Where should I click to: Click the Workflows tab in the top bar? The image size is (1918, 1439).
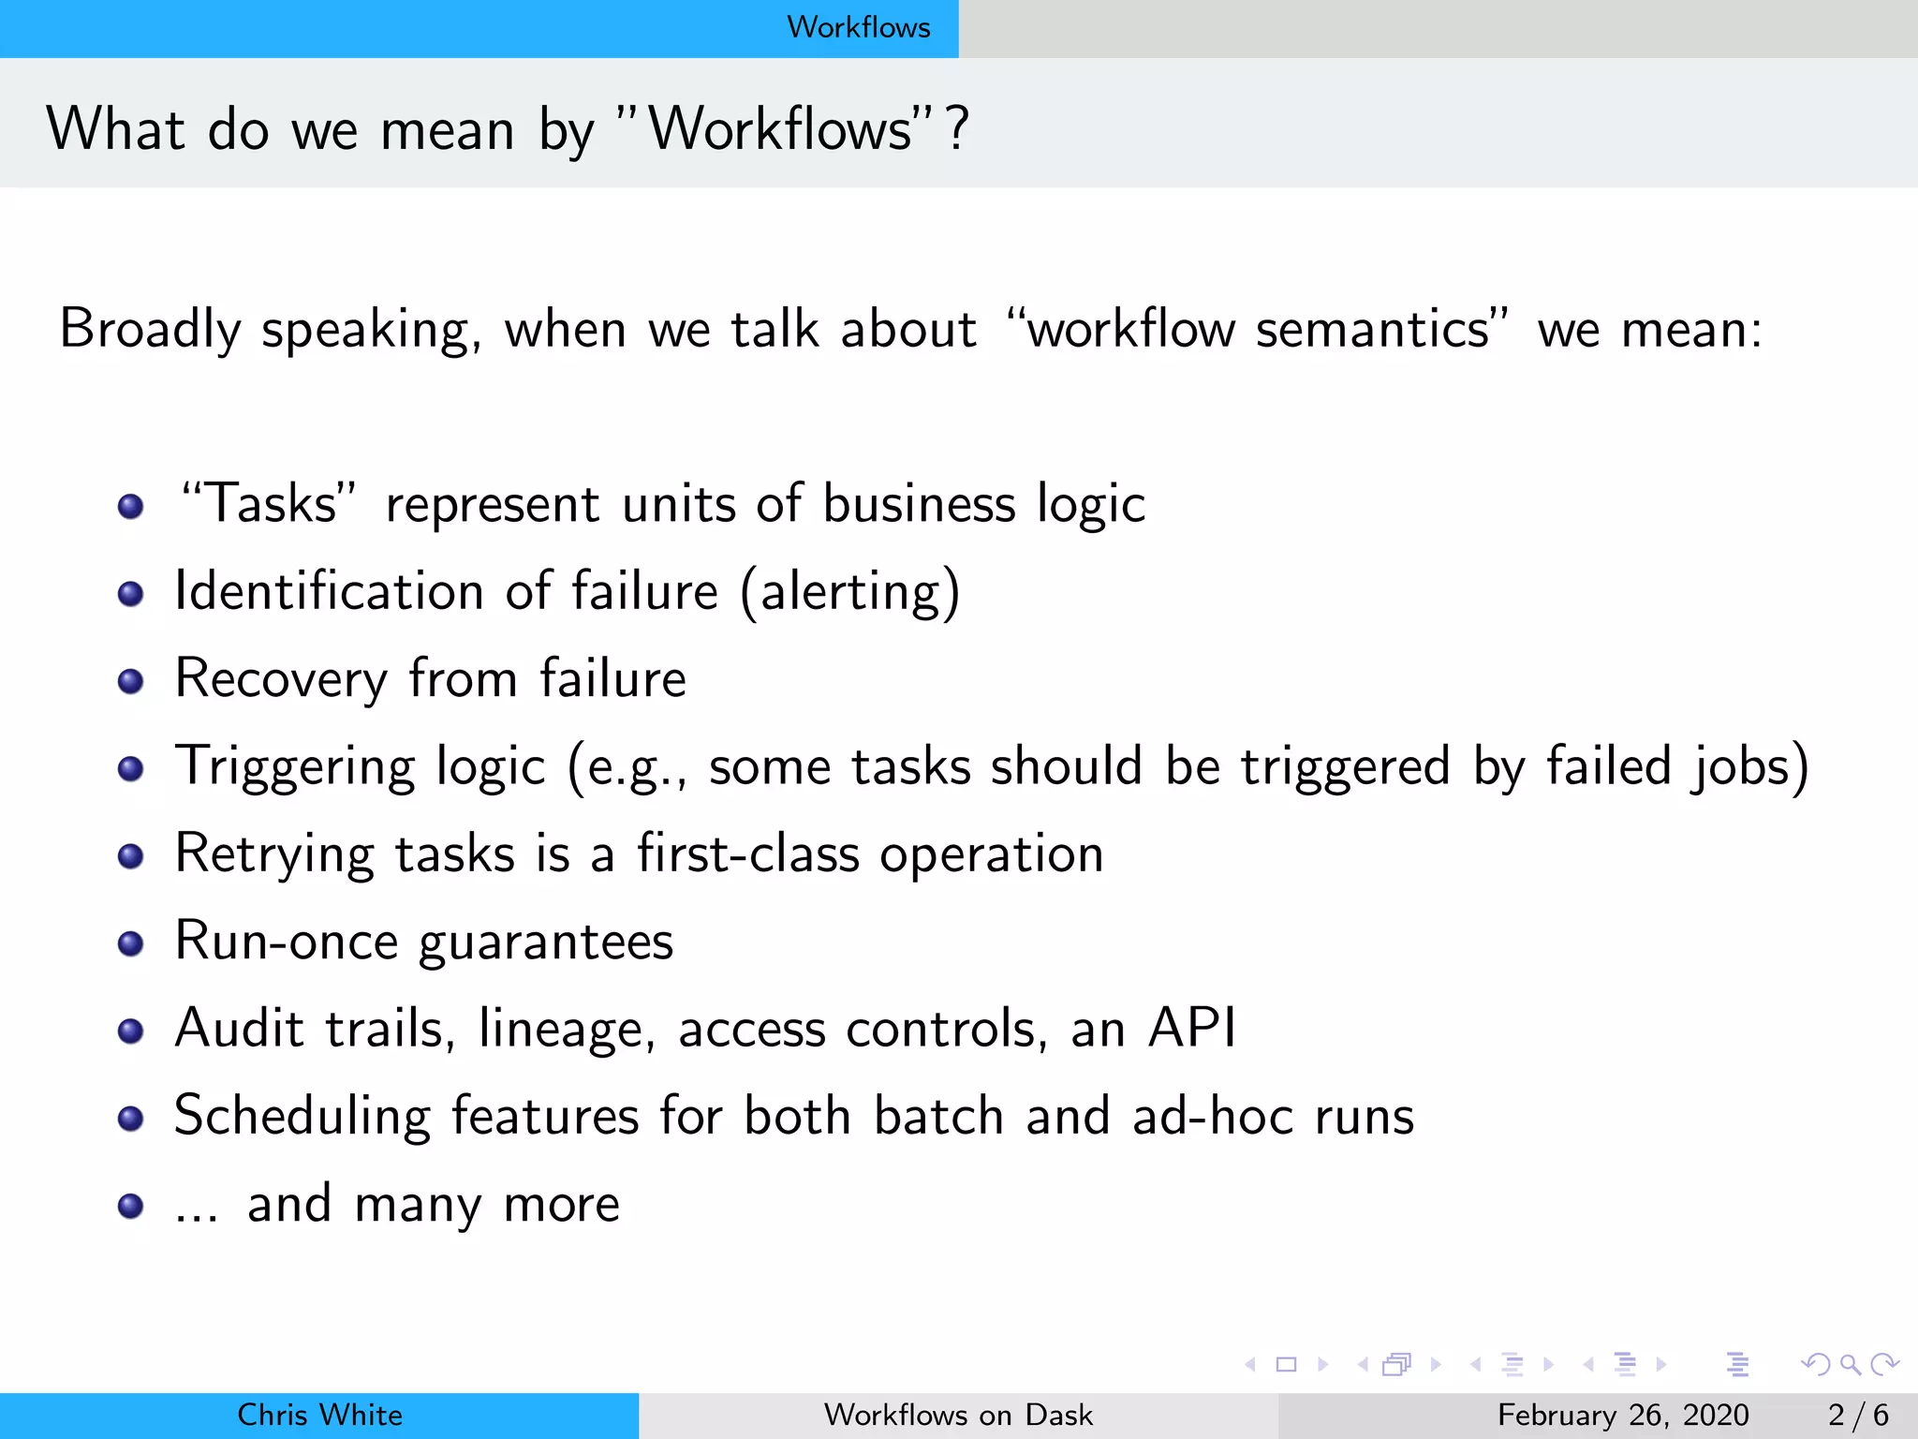(858, 27)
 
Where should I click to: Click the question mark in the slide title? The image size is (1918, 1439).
(956, 129)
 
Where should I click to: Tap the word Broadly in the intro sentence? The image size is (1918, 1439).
(150, 330)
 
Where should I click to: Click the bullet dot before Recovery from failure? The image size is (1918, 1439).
(130, 681)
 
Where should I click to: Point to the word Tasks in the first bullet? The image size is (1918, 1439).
(271, 504)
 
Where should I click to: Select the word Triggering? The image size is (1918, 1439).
(294, 767)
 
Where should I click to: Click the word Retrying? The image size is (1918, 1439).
(274, 854)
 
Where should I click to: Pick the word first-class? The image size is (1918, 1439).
(748, 854)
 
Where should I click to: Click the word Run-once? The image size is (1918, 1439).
(287, 942)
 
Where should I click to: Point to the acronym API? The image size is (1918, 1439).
(1192, 1028)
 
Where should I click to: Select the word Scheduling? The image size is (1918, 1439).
(302, 1116)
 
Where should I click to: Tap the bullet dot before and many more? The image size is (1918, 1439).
(130, 1206)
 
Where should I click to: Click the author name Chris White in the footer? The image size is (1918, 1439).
(319, 1415)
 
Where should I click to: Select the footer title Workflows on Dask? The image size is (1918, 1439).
(958, 1415)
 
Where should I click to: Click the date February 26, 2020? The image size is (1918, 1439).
(1622, 1415)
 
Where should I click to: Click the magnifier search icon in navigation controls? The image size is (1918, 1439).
(1850, 1364)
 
